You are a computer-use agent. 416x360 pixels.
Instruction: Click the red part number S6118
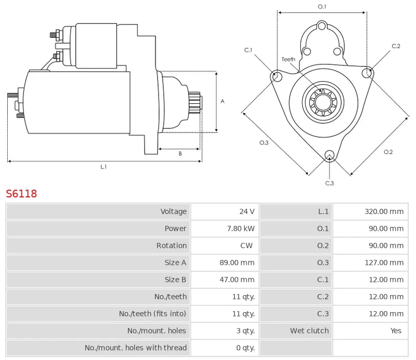pos(21,194)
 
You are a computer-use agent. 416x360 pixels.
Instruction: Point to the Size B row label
pos(175,280)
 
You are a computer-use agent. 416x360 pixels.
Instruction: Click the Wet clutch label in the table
pos(309,331)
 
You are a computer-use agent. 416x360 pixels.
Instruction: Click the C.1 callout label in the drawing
pos(249,50)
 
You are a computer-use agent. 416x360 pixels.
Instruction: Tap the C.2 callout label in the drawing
pos(396,46)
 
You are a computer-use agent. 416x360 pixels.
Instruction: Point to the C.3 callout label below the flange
pos(329,183)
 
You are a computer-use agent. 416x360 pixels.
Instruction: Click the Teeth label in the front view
pos(288,59)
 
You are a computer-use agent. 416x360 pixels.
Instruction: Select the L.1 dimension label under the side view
pos(103,167)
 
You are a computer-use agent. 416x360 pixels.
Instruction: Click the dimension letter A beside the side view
pos(222,101)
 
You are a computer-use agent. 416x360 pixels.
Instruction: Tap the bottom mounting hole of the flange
pos(329,155)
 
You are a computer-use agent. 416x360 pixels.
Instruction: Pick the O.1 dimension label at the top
pos(322,7)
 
